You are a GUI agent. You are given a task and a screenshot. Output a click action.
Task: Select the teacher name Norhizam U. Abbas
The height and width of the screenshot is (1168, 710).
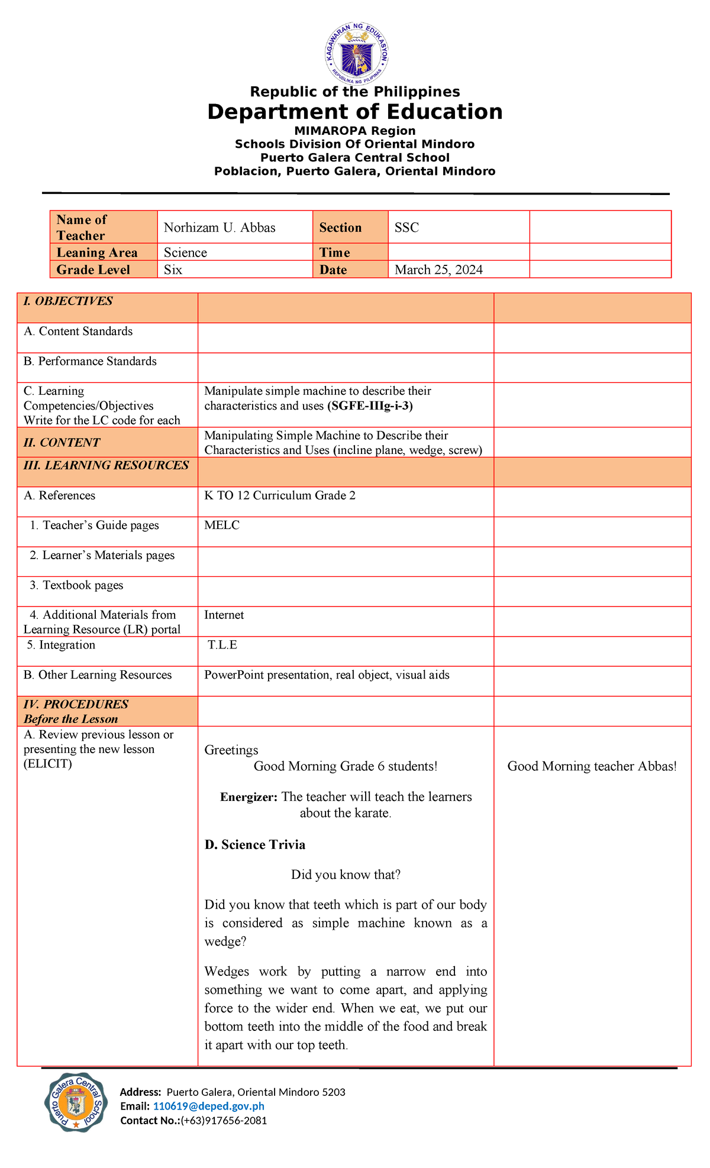(220, 228)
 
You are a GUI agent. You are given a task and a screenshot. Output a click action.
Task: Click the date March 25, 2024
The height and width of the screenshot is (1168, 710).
(438, 270)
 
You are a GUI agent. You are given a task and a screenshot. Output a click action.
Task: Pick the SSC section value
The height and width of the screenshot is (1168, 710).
(406, 228)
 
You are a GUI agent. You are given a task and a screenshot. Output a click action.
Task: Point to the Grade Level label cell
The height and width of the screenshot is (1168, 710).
(93, 270)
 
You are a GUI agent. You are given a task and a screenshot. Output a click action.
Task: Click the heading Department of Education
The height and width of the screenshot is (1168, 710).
(354, 112)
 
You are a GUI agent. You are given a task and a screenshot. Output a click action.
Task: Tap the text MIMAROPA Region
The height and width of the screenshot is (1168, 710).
(355, 131)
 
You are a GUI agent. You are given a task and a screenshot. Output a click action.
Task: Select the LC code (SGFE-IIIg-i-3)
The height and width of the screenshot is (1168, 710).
(370, 406)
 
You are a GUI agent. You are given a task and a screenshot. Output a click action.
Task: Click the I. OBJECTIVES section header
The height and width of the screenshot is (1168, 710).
(68, 301)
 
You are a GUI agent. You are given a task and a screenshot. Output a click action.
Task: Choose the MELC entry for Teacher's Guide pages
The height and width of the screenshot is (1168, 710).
(222, 525)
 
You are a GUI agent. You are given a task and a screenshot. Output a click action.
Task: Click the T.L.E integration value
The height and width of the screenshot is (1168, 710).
(222, 645)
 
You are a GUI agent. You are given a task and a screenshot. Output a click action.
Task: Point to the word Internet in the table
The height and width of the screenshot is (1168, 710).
(224, 615)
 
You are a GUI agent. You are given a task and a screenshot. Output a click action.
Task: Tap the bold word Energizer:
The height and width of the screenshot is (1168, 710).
(248, 797)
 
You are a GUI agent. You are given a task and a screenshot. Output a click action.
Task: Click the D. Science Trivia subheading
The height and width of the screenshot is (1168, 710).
(255, 845)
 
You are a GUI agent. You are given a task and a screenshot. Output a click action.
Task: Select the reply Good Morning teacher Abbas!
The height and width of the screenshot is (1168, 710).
(592, 767)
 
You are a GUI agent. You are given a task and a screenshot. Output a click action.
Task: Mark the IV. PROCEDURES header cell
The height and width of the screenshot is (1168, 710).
(76, 705)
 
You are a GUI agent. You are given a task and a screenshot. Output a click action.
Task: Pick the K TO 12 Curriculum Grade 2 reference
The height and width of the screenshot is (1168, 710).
(280, 495)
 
